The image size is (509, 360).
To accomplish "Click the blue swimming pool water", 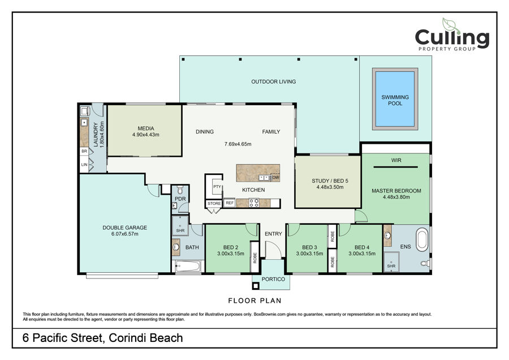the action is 395,98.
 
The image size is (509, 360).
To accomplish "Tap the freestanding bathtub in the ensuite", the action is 422,240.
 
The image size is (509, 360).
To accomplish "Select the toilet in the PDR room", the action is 180,190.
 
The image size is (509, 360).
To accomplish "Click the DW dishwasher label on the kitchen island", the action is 275,177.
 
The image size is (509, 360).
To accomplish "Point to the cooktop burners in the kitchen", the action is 254,203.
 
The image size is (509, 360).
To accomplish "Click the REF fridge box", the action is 230,203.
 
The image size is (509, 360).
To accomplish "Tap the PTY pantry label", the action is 217,186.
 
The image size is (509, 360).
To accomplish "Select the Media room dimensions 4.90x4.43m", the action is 146,135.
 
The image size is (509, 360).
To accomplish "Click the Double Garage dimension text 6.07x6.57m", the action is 124,234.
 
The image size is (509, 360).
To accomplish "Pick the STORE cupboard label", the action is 214,203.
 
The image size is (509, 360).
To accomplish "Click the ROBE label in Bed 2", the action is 255,258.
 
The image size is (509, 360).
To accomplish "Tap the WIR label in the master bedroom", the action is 396,160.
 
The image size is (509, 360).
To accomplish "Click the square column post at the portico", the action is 256,286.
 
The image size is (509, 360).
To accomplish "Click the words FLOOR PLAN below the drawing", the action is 255,301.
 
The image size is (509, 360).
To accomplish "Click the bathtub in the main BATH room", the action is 188,267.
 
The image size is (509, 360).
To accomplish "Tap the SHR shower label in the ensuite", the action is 391,266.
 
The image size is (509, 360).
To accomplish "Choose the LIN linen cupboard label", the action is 84,164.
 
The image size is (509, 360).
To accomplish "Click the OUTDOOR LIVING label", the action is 274,82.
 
